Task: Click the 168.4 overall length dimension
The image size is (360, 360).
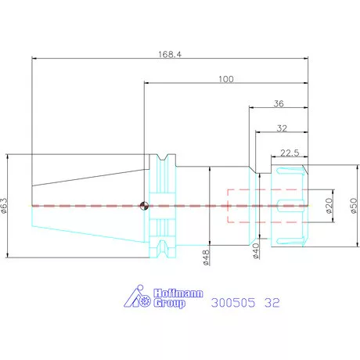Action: [x=170, y=55]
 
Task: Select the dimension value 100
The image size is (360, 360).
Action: [x=226, y=79]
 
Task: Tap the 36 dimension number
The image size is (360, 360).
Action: [x=279, y=104]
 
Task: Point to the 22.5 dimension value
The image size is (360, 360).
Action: [x=290, y=153]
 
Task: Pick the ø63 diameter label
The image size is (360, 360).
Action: [x=5, y=206]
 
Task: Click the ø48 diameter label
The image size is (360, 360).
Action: [x=206, y=257]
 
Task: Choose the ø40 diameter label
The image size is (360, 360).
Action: [x=256, y=251]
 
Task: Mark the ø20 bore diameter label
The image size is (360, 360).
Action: [x=329, y=206]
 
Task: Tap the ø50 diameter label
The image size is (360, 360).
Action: [x=354, y=206]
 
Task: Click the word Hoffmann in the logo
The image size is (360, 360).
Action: [x=178, y=293]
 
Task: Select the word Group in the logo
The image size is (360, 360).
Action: [x=169, y=303]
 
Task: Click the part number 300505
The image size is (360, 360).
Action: [x=233, y=303]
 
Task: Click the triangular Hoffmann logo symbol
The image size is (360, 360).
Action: [x=137, y=296]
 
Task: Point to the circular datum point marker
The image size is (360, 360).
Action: [x=144, y=206]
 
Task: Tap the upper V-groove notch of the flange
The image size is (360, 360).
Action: [x=163, y=157]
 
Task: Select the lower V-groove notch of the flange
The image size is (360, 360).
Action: [x=163, y=249]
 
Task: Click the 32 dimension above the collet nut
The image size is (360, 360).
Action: [x=282, y=128]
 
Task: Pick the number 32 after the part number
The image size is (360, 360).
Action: [x=272, y=303]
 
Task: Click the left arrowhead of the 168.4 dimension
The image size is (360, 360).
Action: [x=34, y=58]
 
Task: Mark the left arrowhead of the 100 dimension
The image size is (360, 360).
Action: [x=147, y=83]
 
